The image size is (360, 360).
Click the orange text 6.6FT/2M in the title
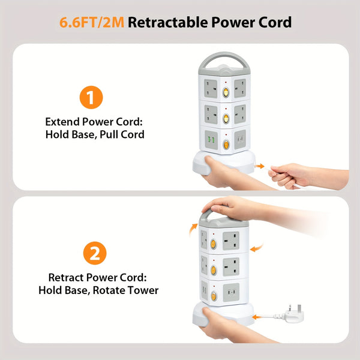tap(91, 23)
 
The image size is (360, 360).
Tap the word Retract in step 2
tap(69, 278)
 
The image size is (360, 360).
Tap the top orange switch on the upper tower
tap(226, 93)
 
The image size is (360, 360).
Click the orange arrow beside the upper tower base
tap(259, 166)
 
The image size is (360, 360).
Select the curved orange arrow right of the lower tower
tap(256, 247)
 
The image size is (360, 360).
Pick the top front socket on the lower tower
tap(231, 240)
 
